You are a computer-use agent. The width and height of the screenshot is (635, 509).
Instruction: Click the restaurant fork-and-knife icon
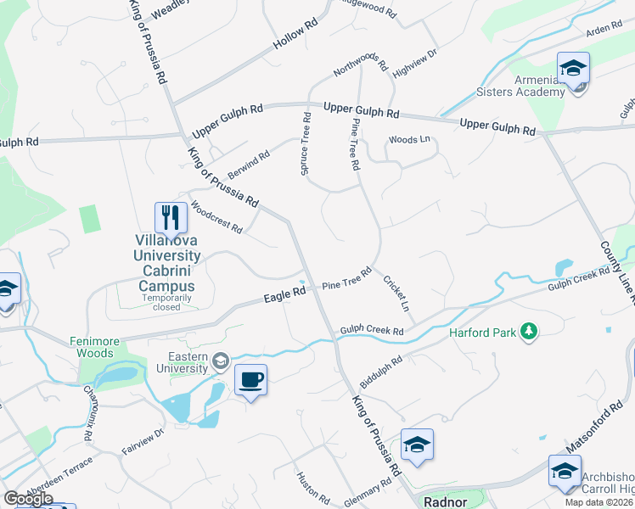pyautogui.click(x=171, y=217)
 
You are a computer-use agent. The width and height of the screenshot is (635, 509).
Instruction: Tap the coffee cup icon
pyautogui.click(x=250, y=379)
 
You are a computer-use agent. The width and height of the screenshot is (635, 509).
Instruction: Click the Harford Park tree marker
pyautogui.click(x=530, y=330)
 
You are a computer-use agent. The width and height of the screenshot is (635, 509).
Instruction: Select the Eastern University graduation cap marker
pyautogui.click(x=221, y=362)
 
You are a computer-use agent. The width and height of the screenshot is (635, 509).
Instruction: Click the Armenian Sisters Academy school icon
pyautogui.click(x=574, y=69)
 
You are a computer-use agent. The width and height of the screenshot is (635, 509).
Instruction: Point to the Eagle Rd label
pyautogui.click(x=284, y=294)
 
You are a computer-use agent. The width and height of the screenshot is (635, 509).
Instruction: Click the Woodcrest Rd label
pyautogui.click(x=216, y=216)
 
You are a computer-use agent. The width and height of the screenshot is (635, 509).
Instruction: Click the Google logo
pyautogui.click(x=28, y=499)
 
